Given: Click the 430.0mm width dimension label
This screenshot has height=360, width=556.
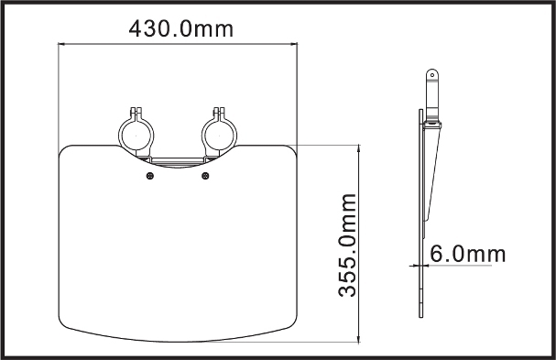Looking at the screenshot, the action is [x=181, y=28].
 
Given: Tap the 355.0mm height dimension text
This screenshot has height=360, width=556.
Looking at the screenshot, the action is [x=347, y=245].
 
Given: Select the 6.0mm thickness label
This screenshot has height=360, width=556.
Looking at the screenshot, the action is [x=468, y=254].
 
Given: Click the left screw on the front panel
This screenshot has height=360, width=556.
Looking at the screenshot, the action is [x=150, y=176].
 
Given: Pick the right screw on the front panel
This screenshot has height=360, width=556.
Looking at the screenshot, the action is [x=205, y=176].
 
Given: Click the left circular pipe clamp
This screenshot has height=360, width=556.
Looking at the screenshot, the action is [x=119, y=136].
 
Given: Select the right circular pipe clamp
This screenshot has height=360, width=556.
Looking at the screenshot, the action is [x=202, y=136].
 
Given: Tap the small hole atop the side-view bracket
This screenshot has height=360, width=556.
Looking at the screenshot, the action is [x=432, y=75].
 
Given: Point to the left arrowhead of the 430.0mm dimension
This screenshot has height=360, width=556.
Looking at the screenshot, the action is [x=61, y=44].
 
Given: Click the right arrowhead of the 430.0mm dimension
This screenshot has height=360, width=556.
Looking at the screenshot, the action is [x=294, y=44].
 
